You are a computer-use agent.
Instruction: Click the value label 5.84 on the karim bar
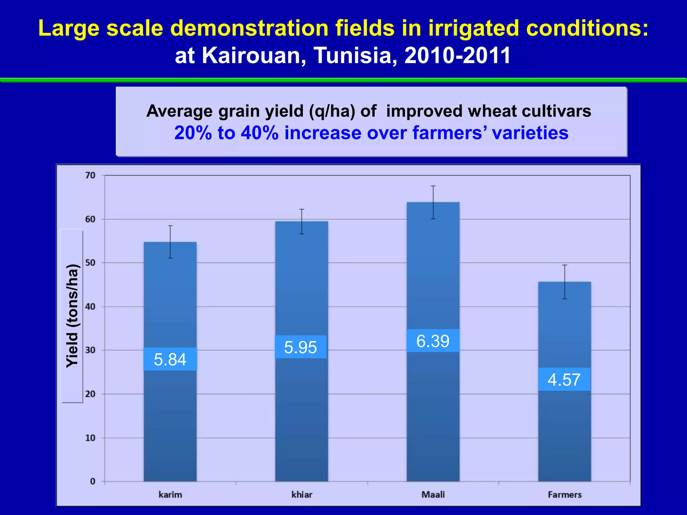(x=170, y=359)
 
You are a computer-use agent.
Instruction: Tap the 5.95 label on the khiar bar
(x=301, y=347)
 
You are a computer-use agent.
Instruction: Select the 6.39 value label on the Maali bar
(x=433, y=341)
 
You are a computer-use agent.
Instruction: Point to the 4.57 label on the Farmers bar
(x=564, y=380)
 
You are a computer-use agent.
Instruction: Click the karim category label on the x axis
(x=170, y=495)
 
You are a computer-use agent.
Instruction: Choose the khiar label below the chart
(x=302, y=495)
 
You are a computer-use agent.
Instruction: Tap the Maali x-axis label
(x=433, y=495)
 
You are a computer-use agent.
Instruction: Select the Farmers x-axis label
(x=565, y=495)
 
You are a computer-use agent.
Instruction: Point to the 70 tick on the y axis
(x=90, y=175)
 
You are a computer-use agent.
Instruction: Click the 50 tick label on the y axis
(x=90, y=263)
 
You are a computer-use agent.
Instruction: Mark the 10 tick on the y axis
(x=90, y=438)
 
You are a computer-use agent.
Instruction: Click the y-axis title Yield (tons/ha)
(x=72, y=316)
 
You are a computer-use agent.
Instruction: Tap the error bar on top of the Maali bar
(x=433, y=202)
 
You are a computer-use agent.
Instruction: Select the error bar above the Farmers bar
(x=565, y=282)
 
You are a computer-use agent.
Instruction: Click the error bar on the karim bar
(x=170, y=242)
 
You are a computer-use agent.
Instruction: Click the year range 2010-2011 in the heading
(x=458, y=55)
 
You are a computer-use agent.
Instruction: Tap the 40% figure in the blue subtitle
(x=259, y=133)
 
